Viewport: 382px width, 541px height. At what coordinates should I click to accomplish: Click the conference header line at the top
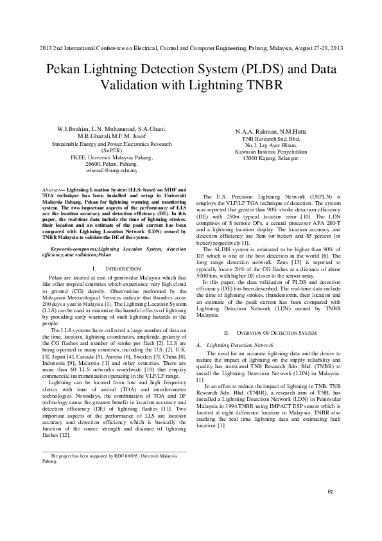(191, 49)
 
